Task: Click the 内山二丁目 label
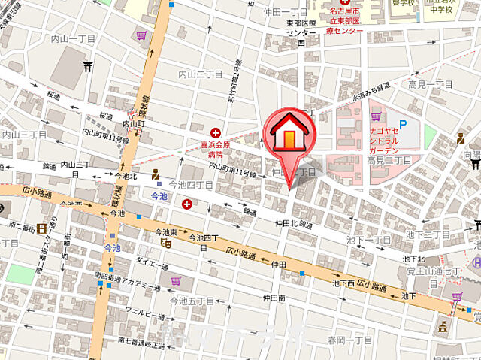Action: (200, 74)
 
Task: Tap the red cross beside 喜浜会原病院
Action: (216, 132)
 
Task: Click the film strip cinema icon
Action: (43, 228)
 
